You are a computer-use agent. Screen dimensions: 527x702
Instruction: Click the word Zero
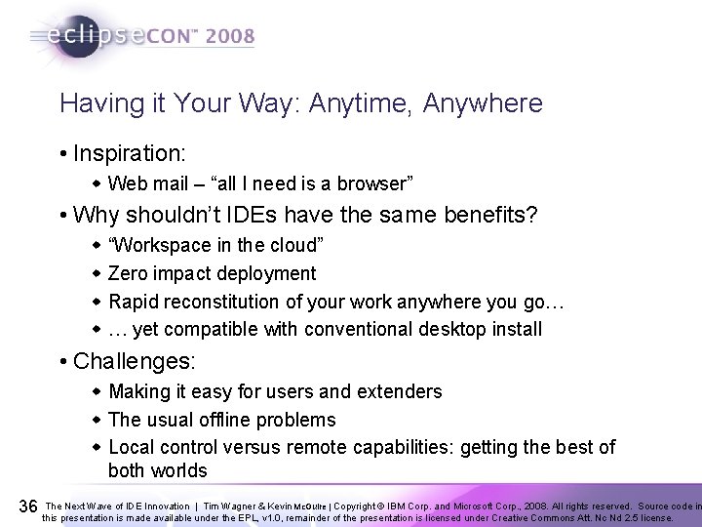(x=128, y=274)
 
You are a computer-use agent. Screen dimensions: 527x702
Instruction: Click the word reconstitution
(x=236, y=302)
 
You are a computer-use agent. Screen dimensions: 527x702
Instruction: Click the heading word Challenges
(x=135, y=362)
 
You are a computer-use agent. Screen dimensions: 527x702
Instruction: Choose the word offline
(x=235, y=420)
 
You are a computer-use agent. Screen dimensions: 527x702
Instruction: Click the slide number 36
(x=28, y=506)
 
